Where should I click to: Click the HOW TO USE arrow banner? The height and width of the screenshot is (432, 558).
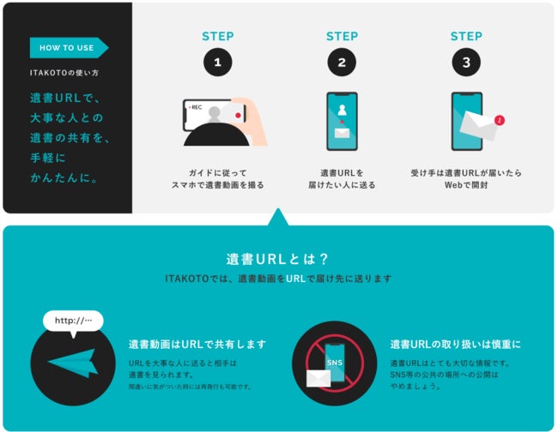pyautogui.click(x=69, y=48)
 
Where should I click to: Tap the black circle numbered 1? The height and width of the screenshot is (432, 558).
pyautogui.click(x=218, y=63)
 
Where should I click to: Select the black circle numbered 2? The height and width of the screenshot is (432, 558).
pyautogui.click(x=342, y=63)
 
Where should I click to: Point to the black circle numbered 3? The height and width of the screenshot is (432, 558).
pyautogui.click(x=466, y=63)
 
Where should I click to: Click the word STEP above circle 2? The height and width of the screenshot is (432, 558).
pyautogui.click(x=342, y=36)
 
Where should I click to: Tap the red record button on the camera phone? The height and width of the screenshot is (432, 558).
pyautogui.click(x=238, y=116)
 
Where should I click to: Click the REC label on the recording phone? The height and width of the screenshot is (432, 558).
pyautogui.click(x=197, y=107)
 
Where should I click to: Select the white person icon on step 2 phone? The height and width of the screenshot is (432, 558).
pyautogui.click(x=342, y=110)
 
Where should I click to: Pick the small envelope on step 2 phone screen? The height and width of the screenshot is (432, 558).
pyautogui.click(x=342, y=133)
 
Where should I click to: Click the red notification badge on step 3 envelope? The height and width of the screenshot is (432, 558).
pyautogui.click(x=500, y=121)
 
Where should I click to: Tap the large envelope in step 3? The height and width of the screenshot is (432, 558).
pyautogui.click(x=479, y=125)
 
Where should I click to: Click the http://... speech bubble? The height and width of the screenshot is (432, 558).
pyautogui.click(x=73, y=321)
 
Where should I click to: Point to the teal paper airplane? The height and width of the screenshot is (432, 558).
pyautogui.click(x=74, y=363)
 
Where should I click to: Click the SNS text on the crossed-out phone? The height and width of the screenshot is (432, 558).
pyautogui.click(x=335, y=363)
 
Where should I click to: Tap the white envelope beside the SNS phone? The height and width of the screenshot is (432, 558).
pyautogui.click(x=318, y=378)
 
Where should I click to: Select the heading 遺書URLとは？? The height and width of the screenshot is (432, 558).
pyautogui.click(x=277, y=259)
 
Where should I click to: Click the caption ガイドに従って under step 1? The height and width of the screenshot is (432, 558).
pyautogui.click(x=218, y=173)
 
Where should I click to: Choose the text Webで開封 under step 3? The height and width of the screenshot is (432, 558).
pyautogui.click(x=466, y=185)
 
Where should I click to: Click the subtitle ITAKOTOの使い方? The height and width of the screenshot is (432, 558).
pyautogui.click(x=64, y=73)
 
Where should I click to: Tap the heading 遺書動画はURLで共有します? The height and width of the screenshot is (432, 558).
pyautogui.click(x=197, y=345)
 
